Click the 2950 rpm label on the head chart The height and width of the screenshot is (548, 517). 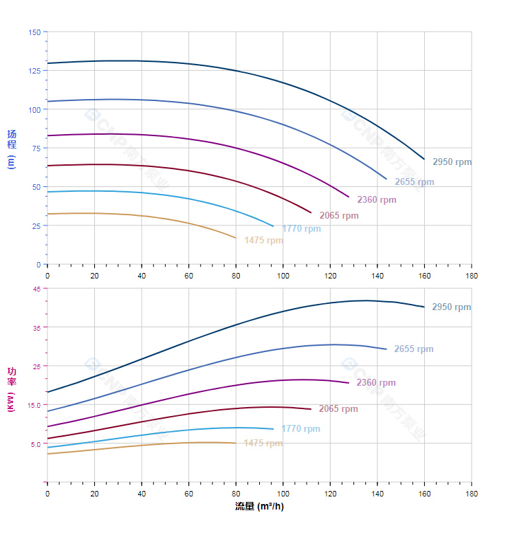(x=452, y=162)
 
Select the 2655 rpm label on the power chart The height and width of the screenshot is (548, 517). (x=413, y=349)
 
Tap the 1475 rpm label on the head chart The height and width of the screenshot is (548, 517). (x=263, y=241)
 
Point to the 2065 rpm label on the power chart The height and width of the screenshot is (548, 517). (x=338, y=409)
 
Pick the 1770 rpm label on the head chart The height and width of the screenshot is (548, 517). (x=301, y=229)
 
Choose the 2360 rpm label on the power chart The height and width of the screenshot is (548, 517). (x=376, y=383)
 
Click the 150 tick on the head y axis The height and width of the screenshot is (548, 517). (x=34, y=32)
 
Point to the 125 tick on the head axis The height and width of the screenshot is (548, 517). (x=34, y=71)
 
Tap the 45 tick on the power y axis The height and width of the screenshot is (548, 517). (x=36, y=289)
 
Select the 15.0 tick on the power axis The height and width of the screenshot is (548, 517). (x=34, y=405)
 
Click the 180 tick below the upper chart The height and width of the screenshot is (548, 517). (x=472, y=275)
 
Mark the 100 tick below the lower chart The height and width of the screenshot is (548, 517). (x=283, y=494)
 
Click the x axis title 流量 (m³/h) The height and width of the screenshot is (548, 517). (x=259, y=507)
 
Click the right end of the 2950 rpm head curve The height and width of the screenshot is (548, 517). (x=424, y=159)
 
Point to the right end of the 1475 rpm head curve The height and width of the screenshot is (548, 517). (x=235, y=238)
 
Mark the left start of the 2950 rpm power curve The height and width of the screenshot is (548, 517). (x=47, y=392)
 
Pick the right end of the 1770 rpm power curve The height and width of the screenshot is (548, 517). (x=273, y=429)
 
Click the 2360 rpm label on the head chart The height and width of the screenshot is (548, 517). (x=376, y=200)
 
